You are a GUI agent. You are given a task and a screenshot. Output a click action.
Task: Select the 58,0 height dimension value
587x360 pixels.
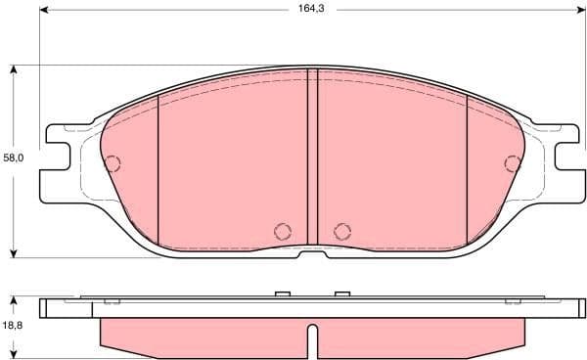(13, 157)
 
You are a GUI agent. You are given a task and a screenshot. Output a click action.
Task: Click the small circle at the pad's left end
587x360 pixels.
(113, 163)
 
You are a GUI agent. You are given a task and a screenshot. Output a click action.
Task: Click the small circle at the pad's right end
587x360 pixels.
(512, 163)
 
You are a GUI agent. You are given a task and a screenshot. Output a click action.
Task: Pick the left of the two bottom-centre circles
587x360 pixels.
(283, 231)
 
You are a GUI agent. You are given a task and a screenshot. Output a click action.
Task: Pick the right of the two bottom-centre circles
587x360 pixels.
(341, 231)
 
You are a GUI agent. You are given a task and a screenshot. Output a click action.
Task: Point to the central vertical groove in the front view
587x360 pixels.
(312, 157)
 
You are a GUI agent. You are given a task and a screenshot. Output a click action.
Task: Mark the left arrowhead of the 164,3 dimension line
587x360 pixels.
(45, 12)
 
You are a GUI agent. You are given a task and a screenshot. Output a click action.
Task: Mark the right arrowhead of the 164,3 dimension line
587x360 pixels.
(579, 12)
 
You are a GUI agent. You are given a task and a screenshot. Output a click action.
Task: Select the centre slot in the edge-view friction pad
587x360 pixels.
(312, 339)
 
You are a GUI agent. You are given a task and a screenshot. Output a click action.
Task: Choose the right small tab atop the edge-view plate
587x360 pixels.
(341, 294)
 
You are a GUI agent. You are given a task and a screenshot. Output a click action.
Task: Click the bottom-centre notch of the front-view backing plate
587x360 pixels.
(312, 253)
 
